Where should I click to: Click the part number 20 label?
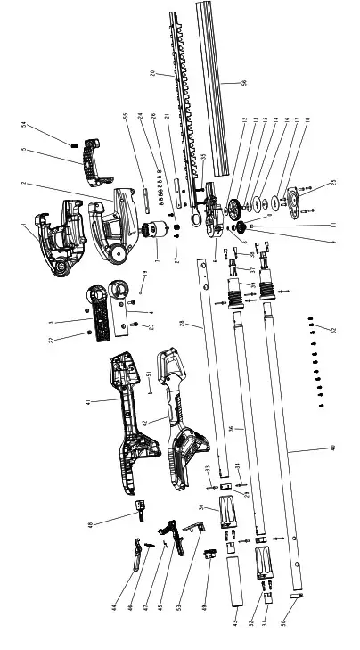pos(153,74)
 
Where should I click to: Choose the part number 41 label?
pos(87,402)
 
